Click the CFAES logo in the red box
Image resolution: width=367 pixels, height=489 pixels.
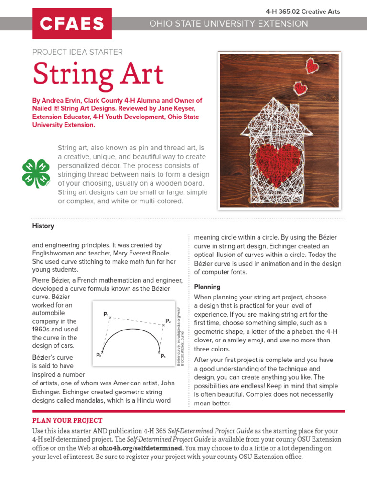72,23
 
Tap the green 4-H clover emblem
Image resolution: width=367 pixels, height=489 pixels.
36,173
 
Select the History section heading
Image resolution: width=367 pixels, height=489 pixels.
43,226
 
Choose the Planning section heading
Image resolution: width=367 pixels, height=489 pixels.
207,287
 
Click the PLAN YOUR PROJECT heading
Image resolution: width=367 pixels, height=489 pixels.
67,420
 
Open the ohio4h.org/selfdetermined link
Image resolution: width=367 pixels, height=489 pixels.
140,448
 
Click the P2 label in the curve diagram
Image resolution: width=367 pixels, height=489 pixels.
168,321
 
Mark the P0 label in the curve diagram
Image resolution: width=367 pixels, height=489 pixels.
98,355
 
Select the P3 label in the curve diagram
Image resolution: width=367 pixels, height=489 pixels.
162,356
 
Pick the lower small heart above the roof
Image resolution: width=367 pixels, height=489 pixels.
301,87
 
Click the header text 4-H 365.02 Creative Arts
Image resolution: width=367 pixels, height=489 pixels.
302,11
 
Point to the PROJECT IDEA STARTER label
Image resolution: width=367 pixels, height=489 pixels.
77,52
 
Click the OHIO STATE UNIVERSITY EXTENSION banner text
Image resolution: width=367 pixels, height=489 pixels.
229,23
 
